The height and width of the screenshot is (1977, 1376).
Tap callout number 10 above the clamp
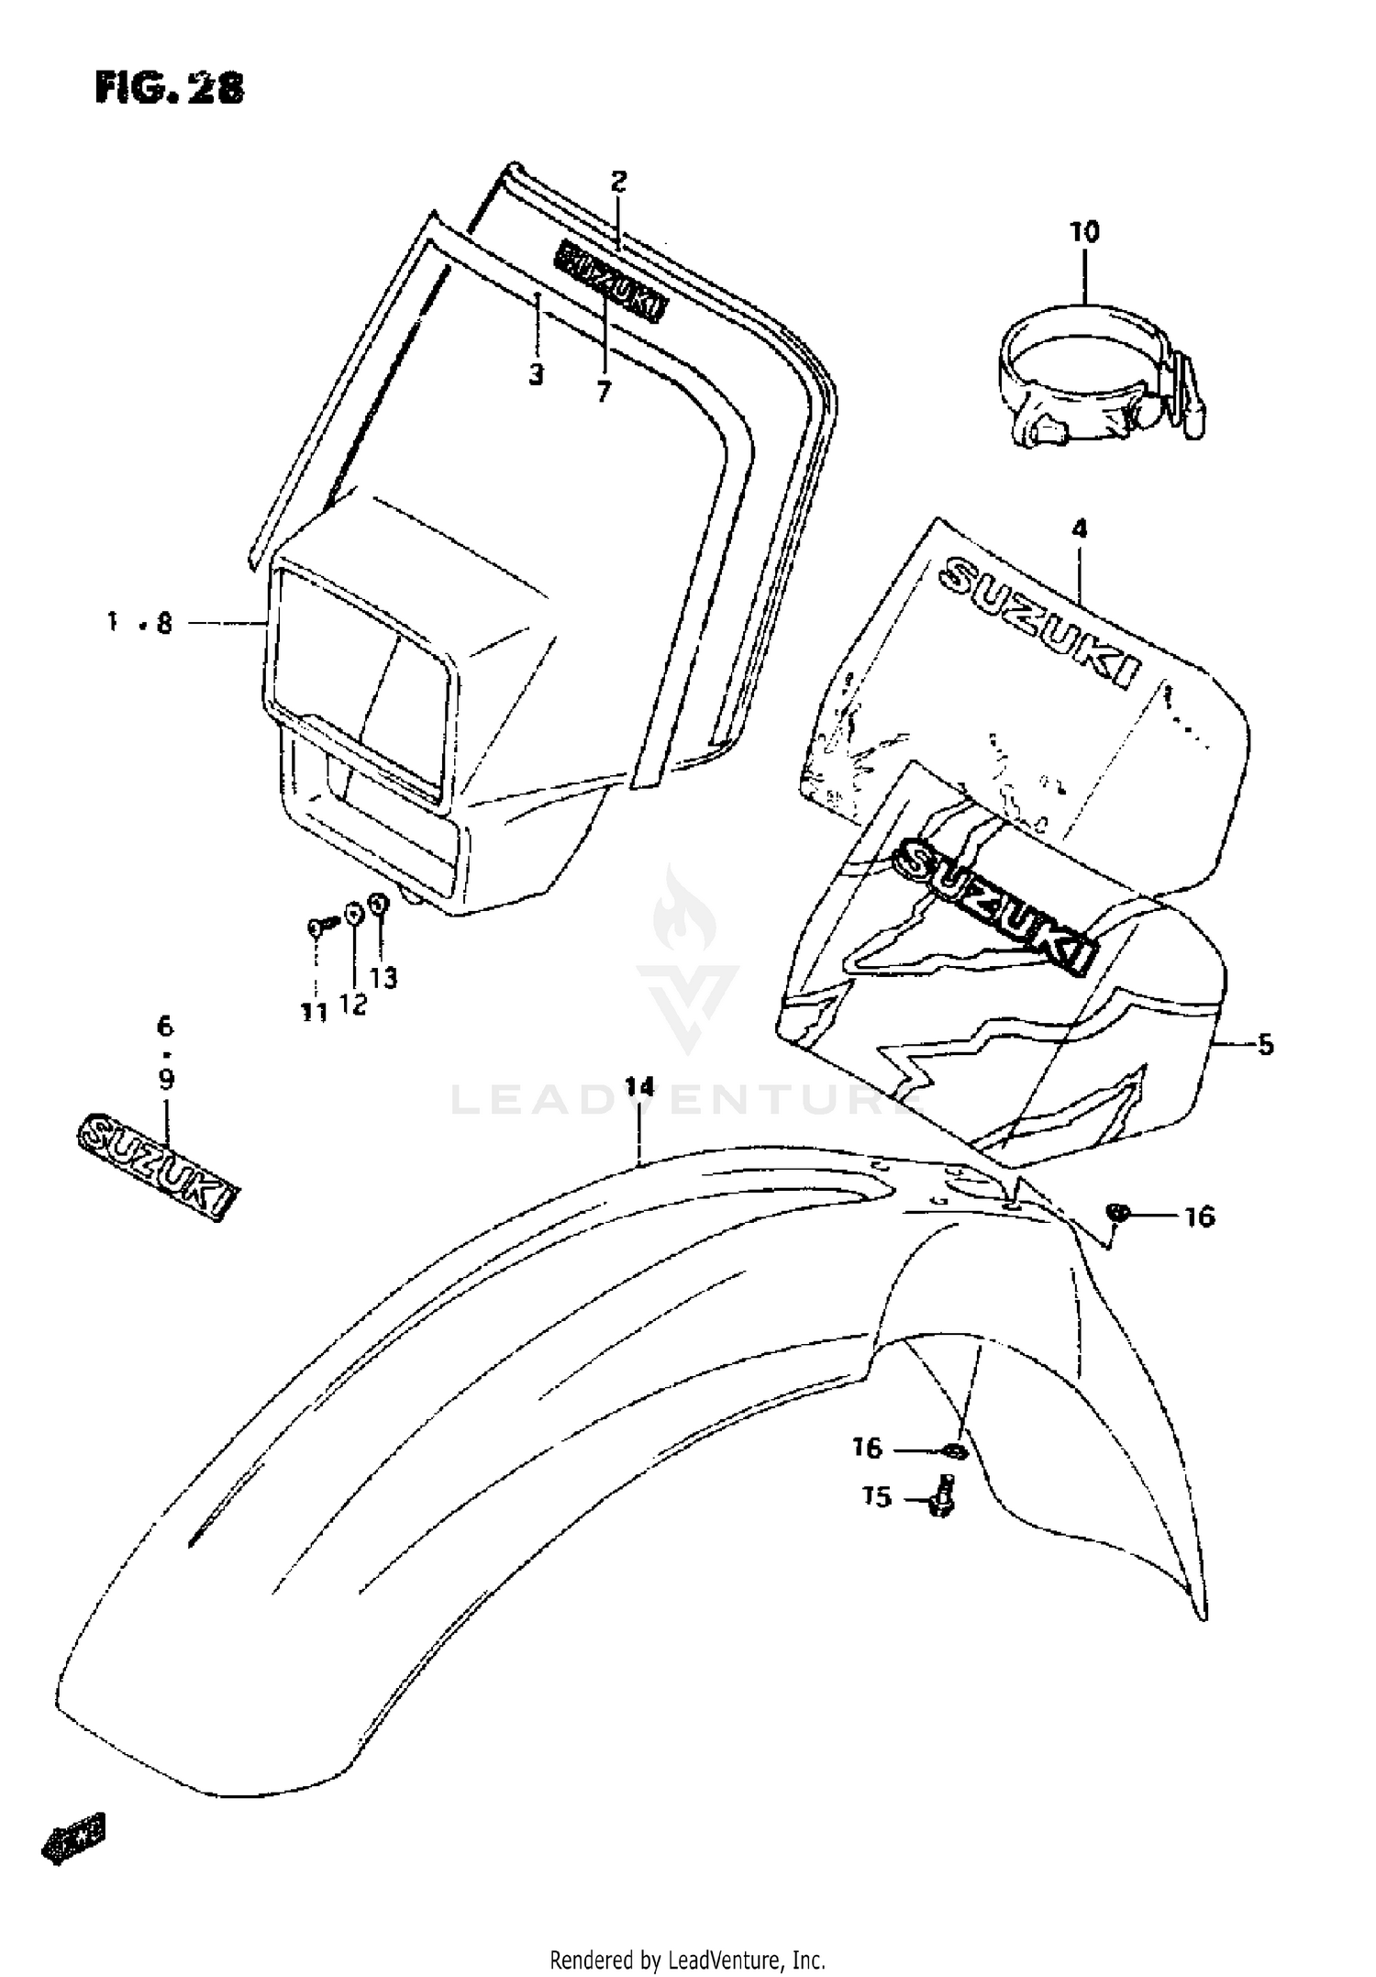(1083, 232)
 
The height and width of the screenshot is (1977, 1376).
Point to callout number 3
(537, 374)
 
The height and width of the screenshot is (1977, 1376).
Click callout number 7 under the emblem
(603, 392)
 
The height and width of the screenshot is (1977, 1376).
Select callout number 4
(1079, 528)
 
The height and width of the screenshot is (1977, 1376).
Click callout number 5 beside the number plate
(1265, 1044)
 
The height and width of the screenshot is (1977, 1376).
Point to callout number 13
(384, 978)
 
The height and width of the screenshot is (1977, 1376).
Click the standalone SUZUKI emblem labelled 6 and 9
(156, 1165)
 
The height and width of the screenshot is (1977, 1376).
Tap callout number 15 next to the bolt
(877, 1497)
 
